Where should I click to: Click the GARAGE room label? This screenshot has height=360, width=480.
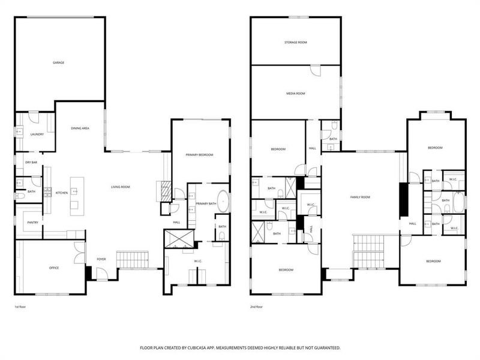[x=58, y=62]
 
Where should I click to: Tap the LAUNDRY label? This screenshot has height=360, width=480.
[x=37, y=134]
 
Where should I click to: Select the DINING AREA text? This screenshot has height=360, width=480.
[x=80, y=128]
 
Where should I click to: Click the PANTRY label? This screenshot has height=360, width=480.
[x=32, y=222]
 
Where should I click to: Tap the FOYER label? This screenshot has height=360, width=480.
[x=101, y=260]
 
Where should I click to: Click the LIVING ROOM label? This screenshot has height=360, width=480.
[x=120, y=187]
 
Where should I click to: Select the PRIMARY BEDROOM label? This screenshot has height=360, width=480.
[x=199, y=155]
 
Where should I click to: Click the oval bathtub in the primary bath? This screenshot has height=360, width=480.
[x=222, y=200]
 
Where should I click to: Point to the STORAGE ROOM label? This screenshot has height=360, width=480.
[x=295, y=43]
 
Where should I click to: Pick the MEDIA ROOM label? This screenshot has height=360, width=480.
[x=295, y=94]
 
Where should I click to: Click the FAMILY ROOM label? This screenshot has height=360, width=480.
[x=360, y=197]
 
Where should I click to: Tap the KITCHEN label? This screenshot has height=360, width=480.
[x=62, y=193]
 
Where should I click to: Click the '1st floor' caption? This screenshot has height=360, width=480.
[x=20, y=307]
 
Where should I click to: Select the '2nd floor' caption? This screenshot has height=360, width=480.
[x=257, y=307]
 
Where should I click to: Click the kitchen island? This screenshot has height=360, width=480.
[x=74, y=196]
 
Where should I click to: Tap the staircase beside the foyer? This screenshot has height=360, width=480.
[x=133, y=260]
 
